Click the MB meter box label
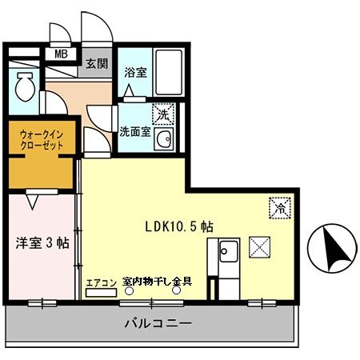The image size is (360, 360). [x=61, y=54]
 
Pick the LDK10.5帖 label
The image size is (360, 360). [x=178, y=227]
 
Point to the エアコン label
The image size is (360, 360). [x=102, y=282]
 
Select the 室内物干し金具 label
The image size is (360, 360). [x=157, y=282]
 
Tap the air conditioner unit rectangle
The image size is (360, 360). [x=102, y=293]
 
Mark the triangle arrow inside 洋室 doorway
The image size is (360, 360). [x=33, y=202]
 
